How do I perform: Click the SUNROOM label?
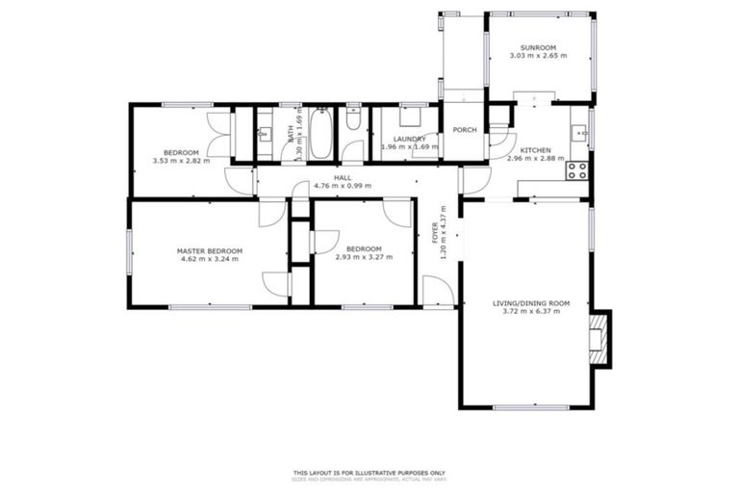point(538,47)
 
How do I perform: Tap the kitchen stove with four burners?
point(578,170)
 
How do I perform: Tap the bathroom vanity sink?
point(265,133)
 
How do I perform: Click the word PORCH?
point(465,130)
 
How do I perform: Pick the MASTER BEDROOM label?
point(210,250)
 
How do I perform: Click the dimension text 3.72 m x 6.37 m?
point(531,311)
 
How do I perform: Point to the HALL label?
point(343,177)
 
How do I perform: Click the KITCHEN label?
point(535,151)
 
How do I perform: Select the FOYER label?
point(434,232)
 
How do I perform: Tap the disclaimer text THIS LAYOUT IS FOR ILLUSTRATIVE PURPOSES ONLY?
point(369,472)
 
